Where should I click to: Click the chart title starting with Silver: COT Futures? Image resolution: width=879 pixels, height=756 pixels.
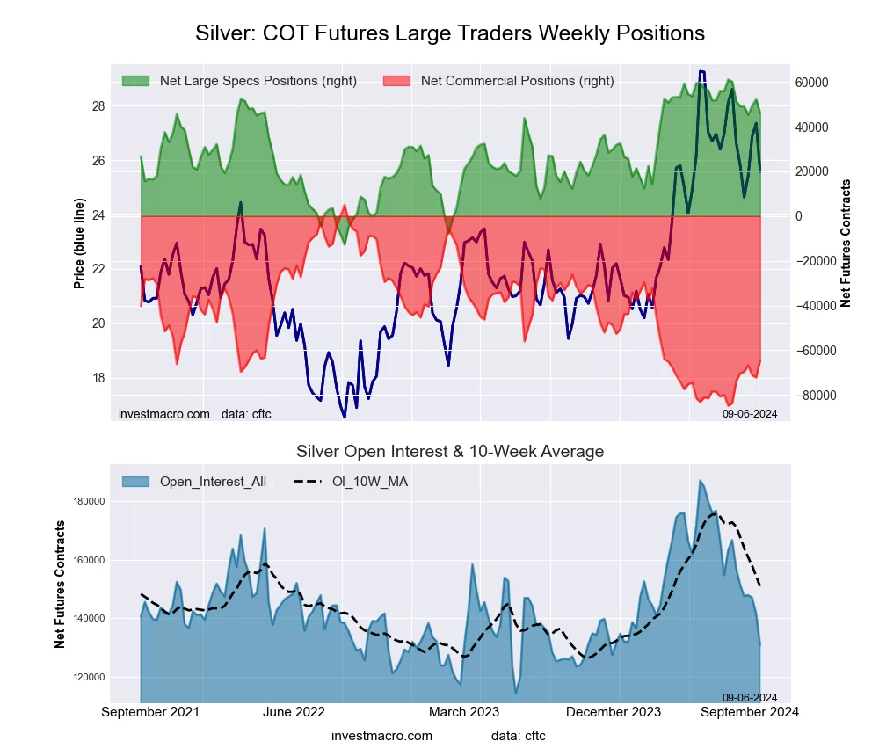click(449, 33)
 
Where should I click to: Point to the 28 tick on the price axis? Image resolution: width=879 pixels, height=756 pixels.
click(98, 106)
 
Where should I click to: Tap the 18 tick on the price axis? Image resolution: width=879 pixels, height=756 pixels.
click(98, 378)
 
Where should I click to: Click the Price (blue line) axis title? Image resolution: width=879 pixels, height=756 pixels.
click(79, 244)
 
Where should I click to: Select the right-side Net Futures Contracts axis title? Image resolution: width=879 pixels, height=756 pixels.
click(846, 244)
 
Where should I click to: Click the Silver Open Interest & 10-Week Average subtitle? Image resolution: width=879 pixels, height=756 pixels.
click(449, 452)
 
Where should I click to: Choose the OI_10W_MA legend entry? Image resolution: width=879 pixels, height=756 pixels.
click(370, 482)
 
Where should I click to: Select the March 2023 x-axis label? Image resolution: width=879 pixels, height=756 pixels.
click(463, 711)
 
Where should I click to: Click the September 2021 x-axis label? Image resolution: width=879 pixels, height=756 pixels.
click(150, 711)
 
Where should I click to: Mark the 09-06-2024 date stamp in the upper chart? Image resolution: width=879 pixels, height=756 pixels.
click(750, 413)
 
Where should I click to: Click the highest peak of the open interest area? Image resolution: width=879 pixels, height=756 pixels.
click(701, 481)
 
